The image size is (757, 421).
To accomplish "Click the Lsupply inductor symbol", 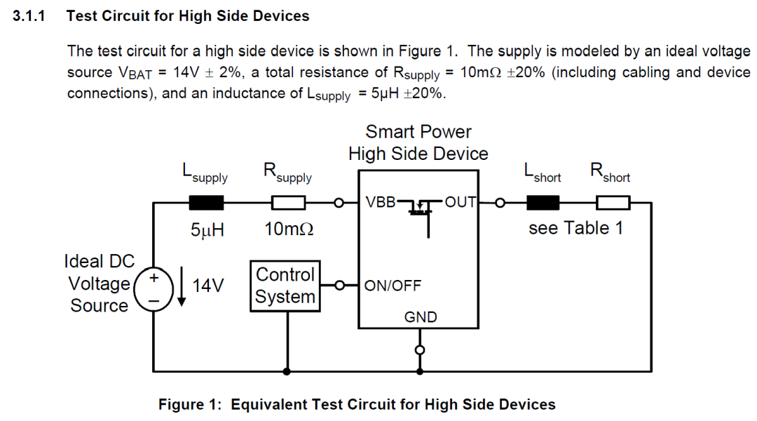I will coord(207,203).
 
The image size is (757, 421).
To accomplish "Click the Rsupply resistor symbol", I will coord(288,203).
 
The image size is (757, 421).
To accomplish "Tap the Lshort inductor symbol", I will coord(543,203).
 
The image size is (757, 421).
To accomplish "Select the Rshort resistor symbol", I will coord(613,203).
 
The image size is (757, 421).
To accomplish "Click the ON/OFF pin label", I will coord(392,286).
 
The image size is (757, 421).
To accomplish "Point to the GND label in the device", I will coord(421,317).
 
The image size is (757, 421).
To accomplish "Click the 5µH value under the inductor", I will coord(207,230).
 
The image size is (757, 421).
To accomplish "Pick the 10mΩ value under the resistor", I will coord(289,230).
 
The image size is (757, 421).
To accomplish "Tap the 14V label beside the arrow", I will coord(207,286).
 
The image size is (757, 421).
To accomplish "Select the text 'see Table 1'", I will coord(575,229).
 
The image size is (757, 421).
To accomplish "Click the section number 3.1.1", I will coord(29,15).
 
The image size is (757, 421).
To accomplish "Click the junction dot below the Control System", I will coord(286,370).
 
